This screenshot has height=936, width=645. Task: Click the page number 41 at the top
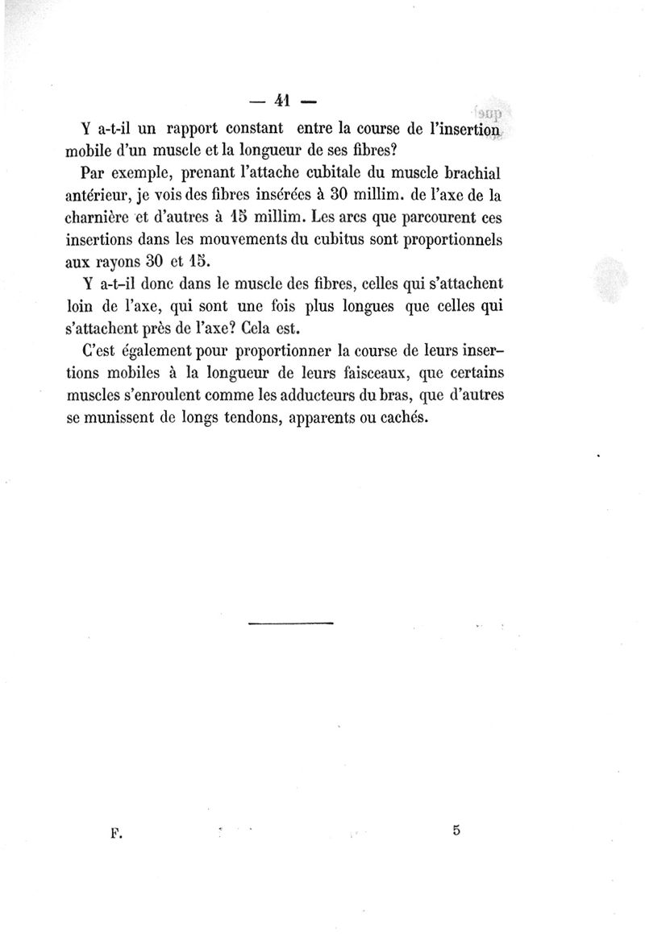(281, 101)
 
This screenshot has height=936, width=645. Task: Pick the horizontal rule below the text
(290, 623)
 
